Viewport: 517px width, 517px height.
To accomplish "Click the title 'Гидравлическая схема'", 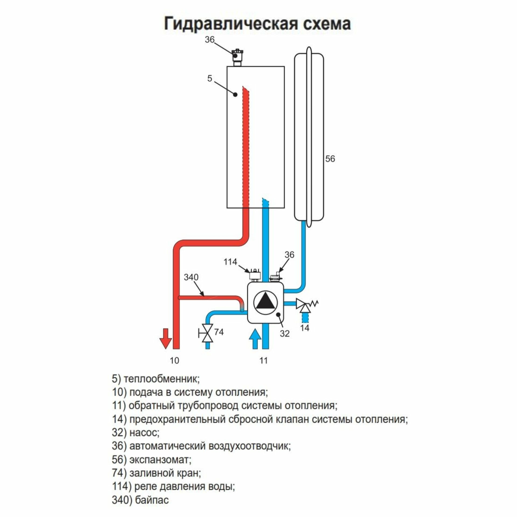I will pos(257,24).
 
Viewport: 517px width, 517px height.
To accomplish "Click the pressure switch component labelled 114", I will pos(254,275).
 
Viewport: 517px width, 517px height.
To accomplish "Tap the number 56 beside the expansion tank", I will pos(330,159).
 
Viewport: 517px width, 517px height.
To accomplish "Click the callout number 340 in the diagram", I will pos(191,277).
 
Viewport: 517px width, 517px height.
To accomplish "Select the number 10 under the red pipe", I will pos(174,361).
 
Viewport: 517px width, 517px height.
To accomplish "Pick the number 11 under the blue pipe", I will pos(264,361).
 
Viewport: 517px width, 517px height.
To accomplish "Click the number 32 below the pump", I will pos(284,334).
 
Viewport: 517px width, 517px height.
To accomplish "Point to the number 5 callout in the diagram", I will pos(210,79).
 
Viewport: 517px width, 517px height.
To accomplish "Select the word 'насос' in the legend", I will pos(144,433).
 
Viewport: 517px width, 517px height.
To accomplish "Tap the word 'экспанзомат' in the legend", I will pos(160,460).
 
